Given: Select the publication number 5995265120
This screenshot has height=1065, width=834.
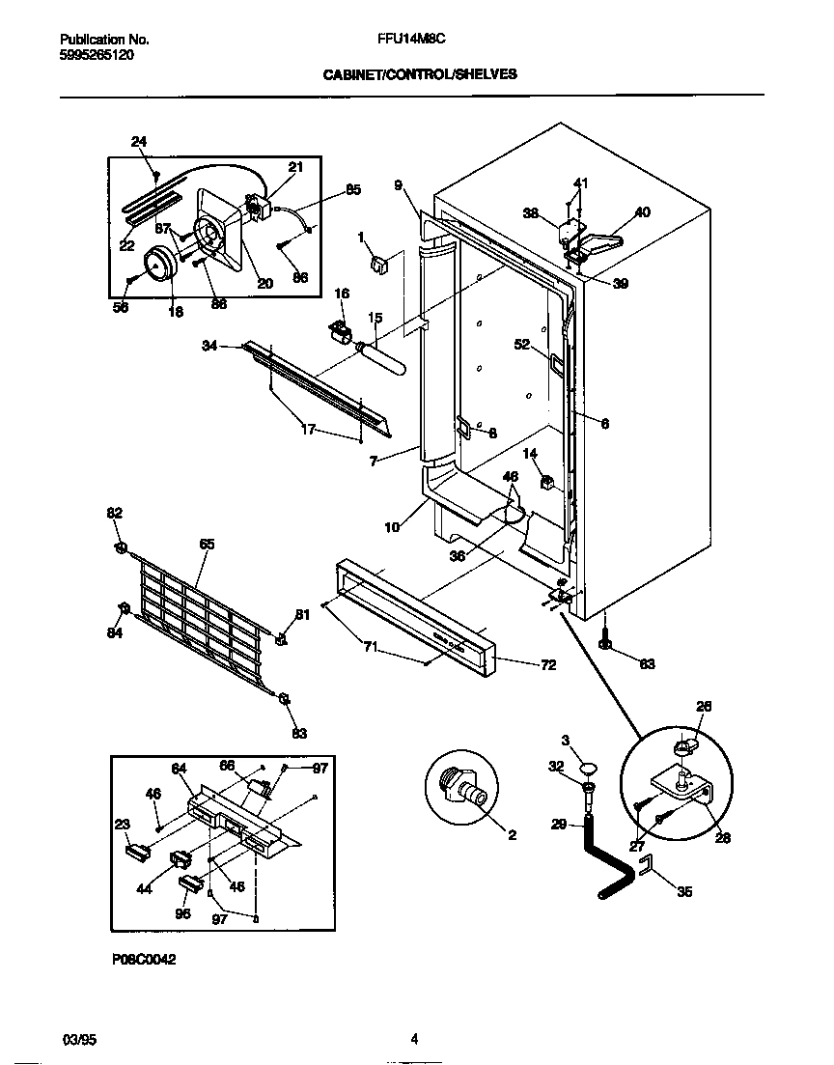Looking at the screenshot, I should coord(97,55).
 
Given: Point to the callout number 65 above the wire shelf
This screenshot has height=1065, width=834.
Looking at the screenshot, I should coord(207,545).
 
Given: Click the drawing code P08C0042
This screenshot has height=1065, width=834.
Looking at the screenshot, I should coord(142,960).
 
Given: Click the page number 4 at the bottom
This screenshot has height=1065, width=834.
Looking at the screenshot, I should coord(413,1040).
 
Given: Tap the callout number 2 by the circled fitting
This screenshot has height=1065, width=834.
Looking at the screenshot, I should coord(512,834).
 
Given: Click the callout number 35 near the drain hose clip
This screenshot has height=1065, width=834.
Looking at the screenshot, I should coord(683,891).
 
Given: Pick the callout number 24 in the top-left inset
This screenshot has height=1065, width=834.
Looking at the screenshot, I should coord(139,142).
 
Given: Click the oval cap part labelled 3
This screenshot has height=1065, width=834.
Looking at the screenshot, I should coord(588,769).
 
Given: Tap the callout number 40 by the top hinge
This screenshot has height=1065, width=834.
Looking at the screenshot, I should coord(642,212).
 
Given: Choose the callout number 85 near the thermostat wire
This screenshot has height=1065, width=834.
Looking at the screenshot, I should coord(352,190).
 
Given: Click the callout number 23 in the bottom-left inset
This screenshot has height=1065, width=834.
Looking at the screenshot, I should coord(122,825).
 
